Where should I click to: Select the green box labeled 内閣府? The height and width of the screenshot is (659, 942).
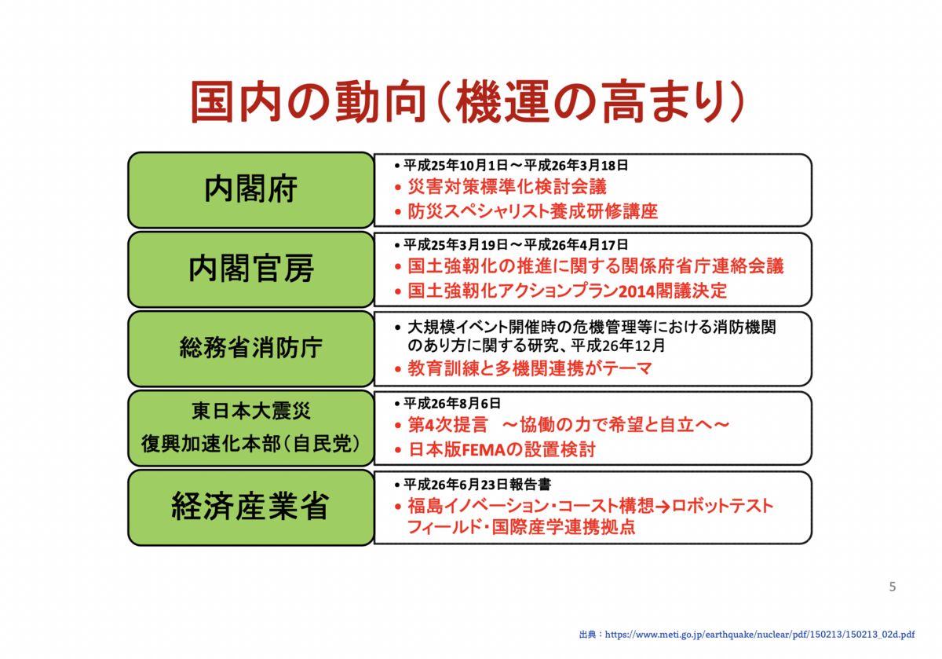[x=250, y=190]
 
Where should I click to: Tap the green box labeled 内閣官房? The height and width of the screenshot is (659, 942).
[x=250, y=269]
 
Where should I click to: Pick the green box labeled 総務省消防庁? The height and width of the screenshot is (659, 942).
[x=250, y=348]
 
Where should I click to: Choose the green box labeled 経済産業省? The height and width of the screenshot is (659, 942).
[x=250, y=507]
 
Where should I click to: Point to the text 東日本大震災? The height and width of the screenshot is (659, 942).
[x=250, y=411]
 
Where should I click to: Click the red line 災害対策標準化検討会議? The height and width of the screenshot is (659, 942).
[x=507, y=187]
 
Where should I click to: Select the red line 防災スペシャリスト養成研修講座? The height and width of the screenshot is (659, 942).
[x=532, y=211]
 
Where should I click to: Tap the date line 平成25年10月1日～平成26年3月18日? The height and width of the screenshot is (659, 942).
[x=516, y=166]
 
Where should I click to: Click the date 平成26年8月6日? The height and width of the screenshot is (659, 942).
[x=452, y=403]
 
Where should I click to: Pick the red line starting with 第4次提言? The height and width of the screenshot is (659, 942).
[x=569, y=425]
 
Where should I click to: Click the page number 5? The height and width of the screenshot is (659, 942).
[x=893, y=587]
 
